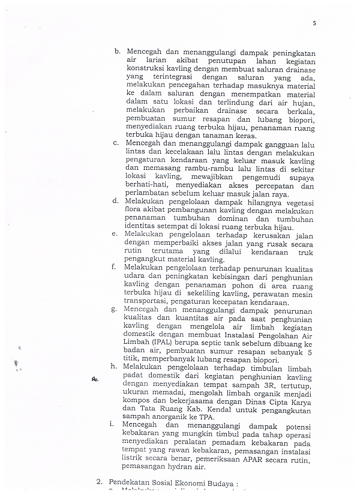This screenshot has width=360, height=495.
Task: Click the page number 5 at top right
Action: tap(314, 23)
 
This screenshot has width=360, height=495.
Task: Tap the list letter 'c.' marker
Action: tap(116, 143)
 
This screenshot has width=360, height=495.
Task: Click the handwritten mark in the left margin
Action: tap(94, 379)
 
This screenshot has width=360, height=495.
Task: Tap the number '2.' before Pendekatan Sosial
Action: tap(100, 482)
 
